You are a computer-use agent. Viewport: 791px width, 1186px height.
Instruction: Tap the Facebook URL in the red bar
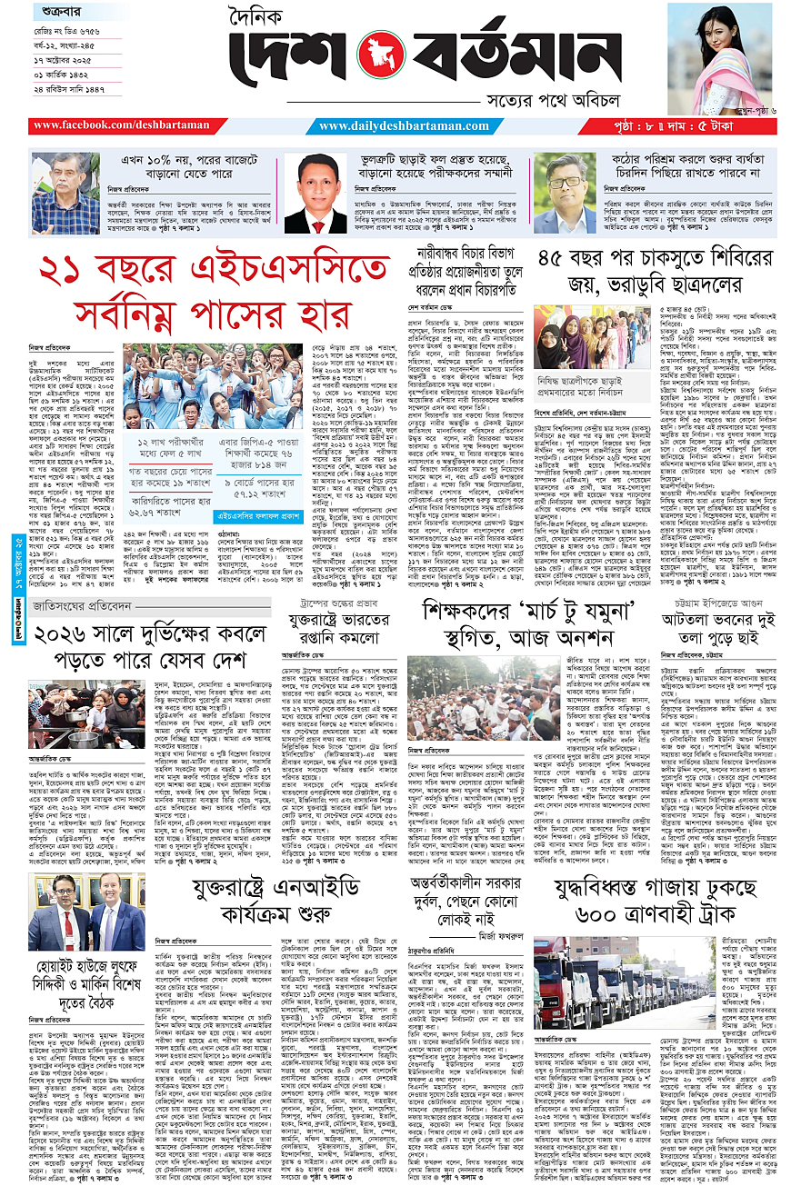[x=121, y=125]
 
